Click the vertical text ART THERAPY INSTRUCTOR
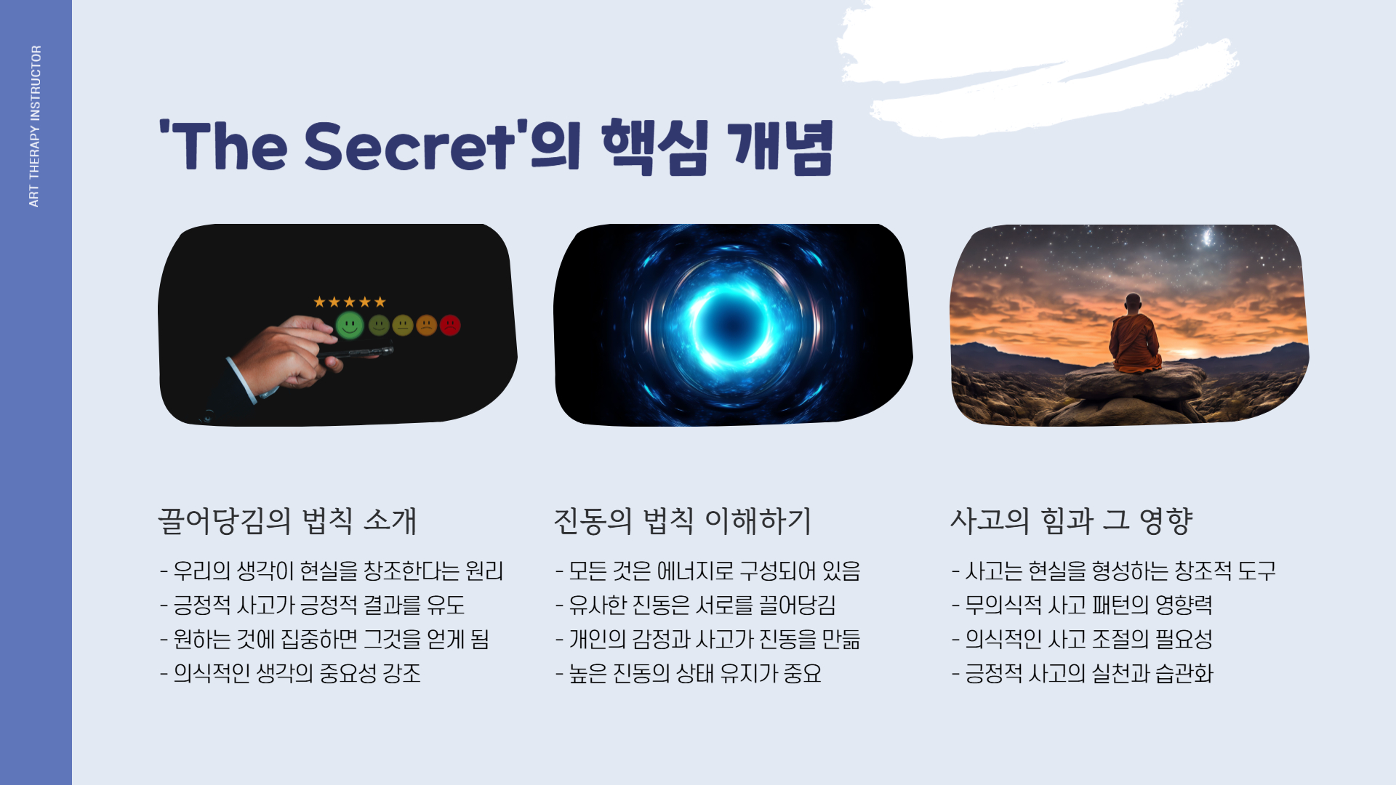point(35,126)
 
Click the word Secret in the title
point(409,147)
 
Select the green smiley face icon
point(350,325)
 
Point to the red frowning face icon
point(450,325)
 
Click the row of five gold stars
point(350,302)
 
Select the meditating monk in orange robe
point(1133,336)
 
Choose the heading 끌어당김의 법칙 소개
point(287,521)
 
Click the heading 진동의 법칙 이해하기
point(682,521)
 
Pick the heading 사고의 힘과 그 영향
point(1071,521)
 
